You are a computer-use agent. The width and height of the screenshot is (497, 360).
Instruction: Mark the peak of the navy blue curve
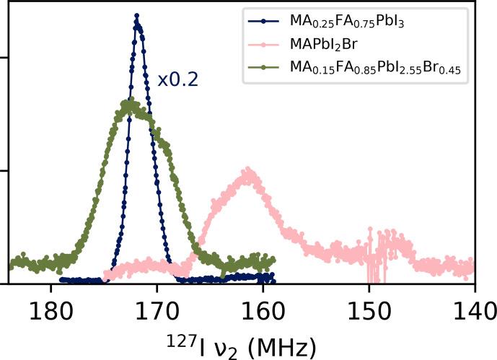pyautogui.click(x=137, y=16)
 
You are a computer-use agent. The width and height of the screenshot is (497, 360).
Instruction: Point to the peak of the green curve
pyautogui.click(x=129, y=103)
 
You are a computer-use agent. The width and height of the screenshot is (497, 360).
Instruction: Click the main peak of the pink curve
pyautogui.click(x=249, y=171)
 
